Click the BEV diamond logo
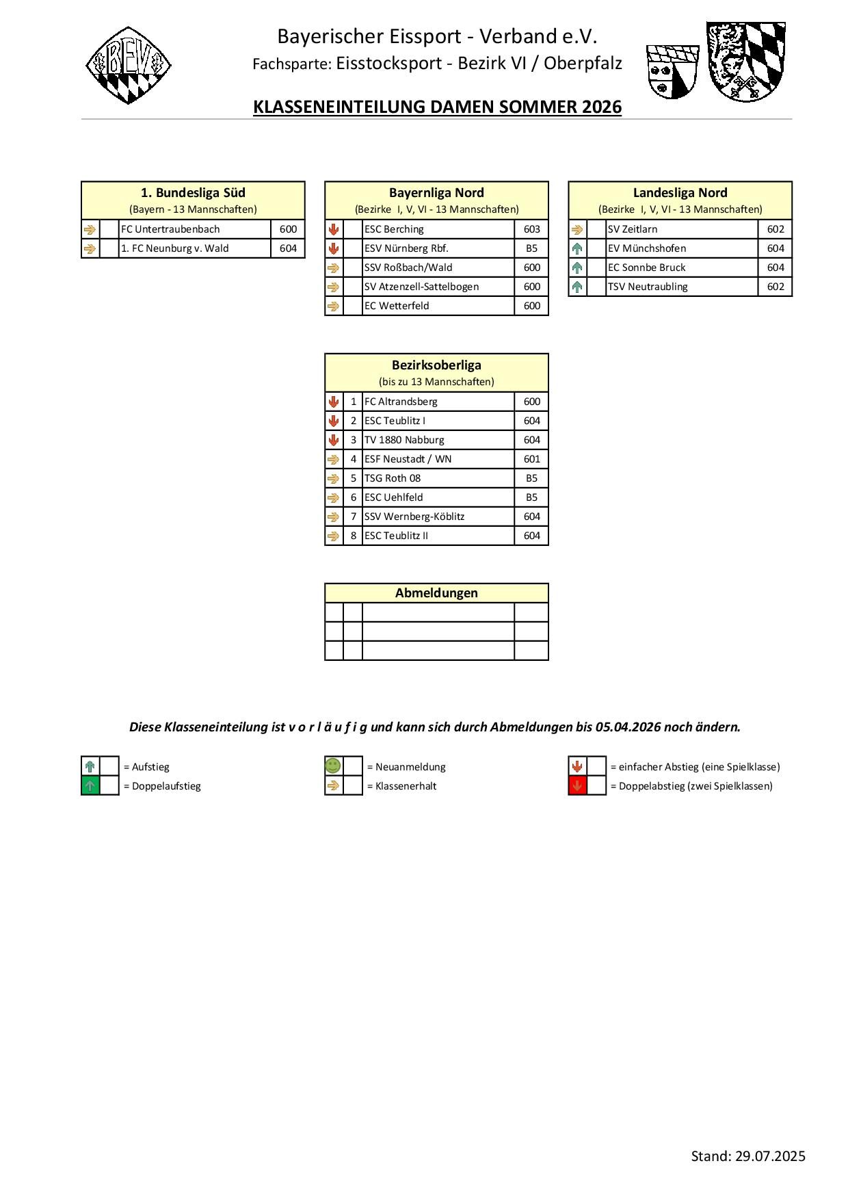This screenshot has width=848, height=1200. pyautogui.click(x=129, y=66)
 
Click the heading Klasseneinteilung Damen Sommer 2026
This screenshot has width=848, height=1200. pyautogui.click(x=437, y=107)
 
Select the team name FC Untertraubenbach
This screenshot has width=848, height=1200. pyautogui.click(x=170, y=229)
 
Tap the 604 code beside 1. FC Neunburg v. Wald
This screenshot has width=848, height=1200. pyautogui.click(x=288, y=248)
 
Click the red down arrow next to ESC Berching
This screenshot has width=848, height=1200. pyautogui.click(x=334, y=229)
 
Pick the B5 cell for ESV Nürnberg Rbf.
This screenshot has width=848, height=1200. pyautogui.click(x=531, y=248)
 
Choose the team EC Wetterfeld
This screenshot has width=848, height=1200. pyautogui.click(x=397, y=306)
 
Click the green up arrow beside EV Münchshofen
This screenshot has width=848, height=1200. pyautogui.click(x=577, y=248)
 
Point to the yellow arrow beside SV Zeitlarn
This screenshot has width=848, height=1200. pyautogui.click(x=577, y=229)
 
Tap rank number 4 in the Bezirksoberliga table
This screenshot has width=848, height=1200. pyautogui.click(x=354, y=459)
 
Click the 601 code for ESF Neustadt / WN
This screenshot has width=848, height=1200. pyautogui.click(x=531, y=459)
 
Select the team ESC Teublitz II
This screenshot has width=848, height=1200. pyautogui.click(x=396, y=536)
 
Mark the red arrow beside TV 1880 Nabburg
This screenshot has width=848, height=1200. pyautogui.click(x=334, y=440)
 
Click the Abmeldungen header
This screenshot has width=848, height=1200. pyautogui.click(x=436, y=593)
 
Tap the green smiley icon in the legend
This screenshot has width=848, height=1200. pyautogui.click(x=333, y=766)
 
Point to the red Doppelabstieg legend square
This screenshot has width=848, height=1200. pyautogui.click(x=577, y=786)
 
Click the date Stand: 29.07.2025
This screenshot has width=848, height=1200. pyautogui.click(x=748, y=1156)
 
